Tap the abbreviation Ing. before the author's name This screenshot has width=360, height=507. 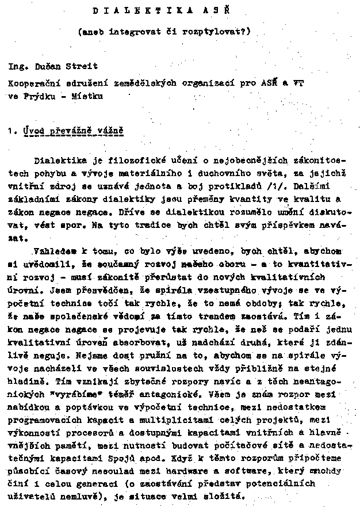[17, 67]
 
